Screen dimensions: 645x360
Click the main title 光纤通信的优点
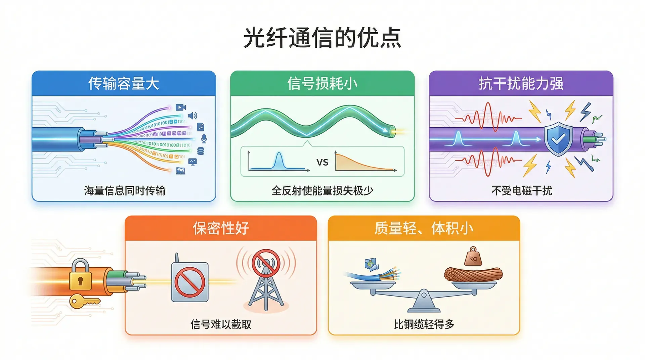point(322,38)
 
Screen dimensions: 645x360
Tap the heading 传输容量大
point(124,83)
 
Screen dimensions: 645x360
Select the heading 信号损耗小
point(322,83)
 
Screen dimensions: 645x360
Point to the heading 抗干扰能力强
point(521,83)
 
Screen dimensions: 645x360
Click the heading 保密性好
point(221,228)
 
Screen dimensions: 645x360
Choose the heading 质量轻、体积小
point(424,228)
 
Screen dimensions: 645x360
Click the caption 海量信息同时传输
point(125,191)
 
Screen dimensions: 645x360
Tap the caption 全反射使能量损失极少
point(322,191)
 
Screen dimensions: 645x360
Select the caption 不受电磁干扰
point(522,191)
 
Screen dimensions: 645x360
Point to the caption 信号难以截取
point(221,324)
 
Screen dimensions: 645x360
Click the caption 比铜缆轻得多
point(424,324)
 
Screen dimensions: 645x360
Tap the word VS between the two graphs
point(322,163)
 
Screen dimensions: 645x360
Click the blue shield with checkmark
point(558,139)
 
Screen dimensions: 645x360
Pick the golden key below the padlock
point(84,301)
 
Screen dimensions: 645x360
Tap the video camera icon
point(181,107)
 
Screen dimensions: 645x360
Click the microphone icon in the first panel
point(204,139)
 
